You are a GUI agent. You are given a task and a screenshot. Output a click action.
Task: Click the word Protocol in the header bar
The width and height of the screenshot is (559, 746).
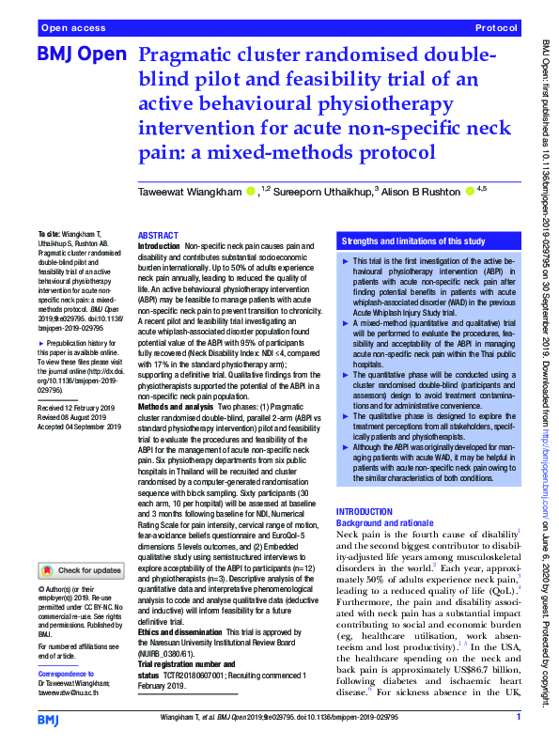pos(496,29)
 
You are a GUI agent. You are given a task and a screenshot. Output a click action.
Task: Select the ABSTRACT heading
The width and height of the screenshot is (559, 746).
pos(159,235)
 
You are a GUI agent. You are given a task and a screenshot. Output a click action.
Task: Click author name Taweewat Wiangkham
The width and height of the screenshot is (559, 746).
pos(191,194)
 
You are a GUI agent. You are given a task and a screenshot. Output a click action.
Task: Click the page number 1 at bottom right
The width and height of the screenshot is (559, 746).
pos(518,719)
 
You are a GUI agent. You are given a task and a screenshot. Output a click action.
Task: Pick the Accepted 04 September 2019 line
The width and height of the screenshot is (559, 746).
pos(81,426)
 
